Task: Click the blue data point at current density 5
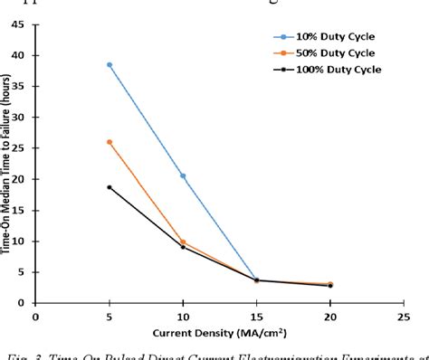tap(110, 65)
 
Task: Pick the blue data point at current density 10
tap(184, 175)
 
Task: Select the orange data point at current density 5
tap(110, 142)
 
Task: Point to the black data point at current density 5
tap(110, 187)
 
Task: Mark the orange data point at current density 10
tap(184, 242)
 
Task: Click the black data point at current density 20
tap(330, 286)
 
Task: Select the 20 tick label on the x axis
tap(330, 317)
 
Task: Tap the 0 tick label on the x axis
tap(35, 317)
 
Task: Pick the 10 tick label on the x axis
tap(183, 317)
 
